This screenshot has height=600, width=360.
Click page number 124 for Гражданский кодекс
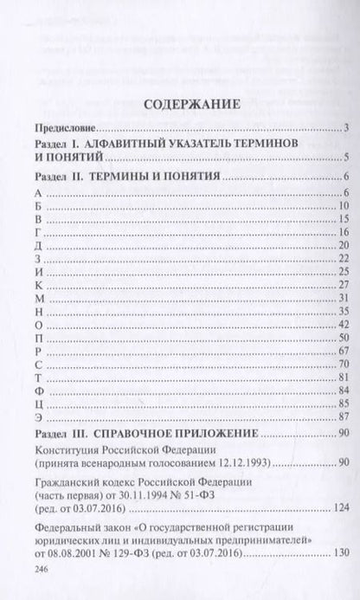341,506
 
